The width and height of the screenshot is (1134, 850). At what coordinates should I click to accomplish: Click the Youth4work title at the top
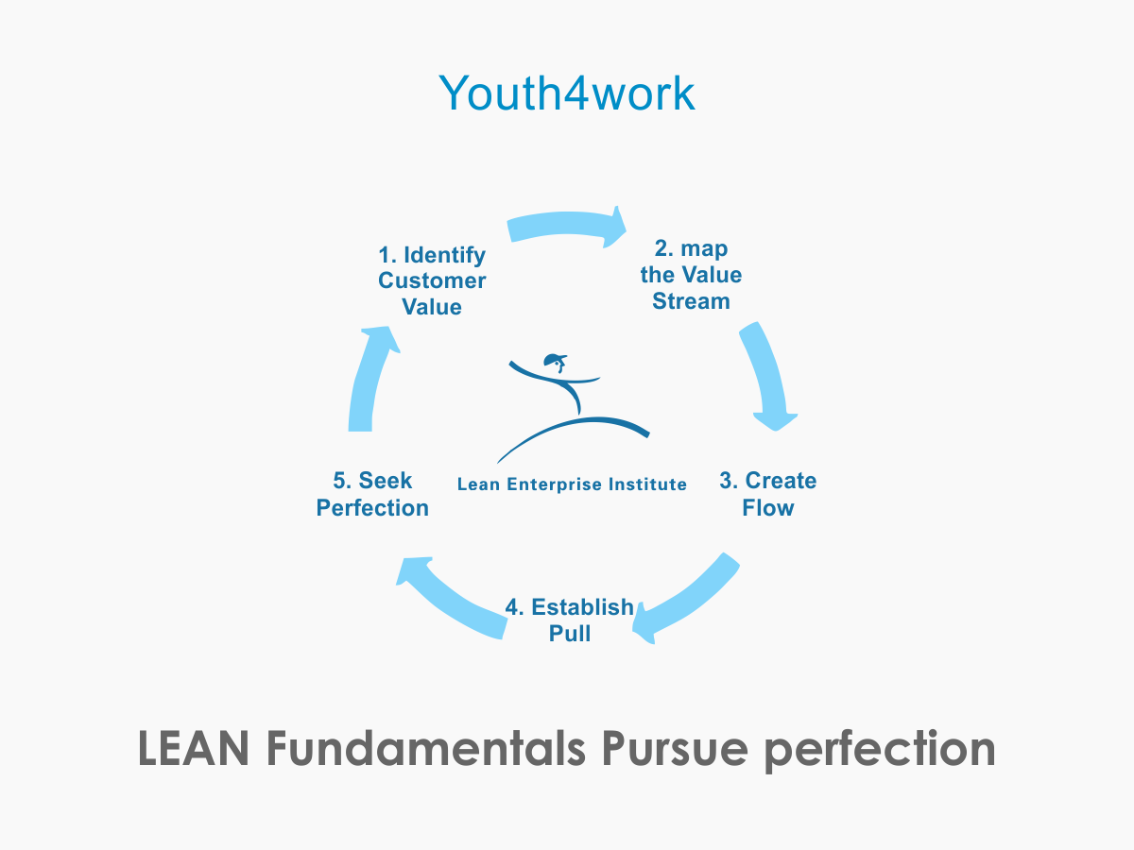pyautogui.click(x=567, y=93)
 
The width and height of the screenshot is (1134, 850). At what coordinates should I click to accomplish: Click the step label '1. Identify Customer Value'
pyautogui.click(x=432, y=280)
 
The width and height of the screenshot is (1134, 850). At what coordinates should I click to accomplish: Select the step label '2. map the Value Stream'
pyautogui.click(x=691, y=275)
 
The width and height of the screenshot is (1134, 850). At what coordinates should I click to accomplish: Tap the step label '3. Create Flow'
pyautogui.click(x=767, y=494)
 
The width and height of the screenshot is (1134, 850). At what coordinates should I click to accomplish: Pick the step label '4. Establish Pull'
pyautogui.click(x=569, y=620)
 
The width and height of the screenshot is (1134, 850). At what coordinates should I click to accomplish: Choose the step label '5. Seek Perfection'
pyautogui.click(x=372, y=494)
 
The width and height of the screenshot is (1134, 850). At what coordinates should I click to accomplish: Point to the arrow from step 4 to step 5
pyautogui.click(x=449, y=597)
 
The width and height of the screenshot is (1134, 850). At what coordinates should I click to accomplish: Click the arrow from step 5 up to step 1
pyautogui.click(x=369, y=378)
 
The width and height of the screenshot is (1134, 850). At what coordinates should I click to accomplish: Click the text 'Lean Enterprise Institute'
pyautogui.click(x=572, y=484)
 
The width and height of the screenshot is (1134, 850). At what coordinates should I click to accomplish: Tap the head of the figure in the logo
pyautogui.click(x=554, y=360)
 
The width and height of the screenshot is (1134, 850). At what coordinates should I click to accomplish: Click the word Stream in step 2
pyautogui.click(x=691, y=301)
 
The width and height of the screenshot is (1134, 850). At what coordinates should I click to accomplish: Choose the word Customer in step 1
pyautogui.click(x=432, y=280)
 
